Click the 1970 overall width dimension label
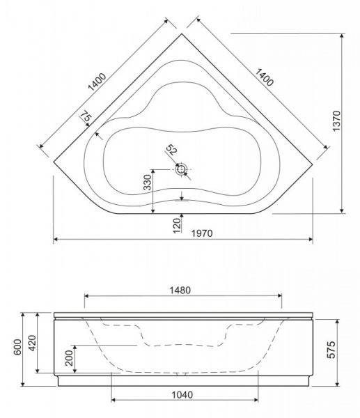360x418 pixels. click(x=202, y=233)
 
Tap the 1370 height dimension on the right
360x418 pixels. click(x=336, y=121)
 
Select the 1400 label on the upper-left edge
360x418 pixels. click(x=97, y=82)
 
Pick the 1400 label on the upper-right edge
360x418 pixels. click(x=265, y=77)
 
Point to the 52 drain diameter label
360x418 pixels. click(x=171, y=150)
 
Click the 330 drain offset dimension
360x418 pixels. click(x=148, y=182)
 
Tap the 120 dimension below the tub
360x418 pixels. click(x=177, y=226)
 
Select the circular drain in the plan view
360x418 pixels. click(x=182, y=169)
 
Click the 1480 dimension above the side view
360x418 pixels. click(x=180, y=290)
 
